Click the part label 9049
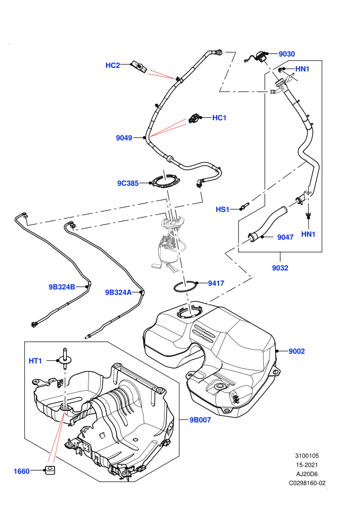(x=124, y=138)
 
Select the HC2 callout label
(x=113, y=65)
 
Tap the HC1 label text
(x=219, y=118)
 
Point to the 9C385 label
(x=128, y=184)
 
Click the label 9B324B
(x=62, y=287)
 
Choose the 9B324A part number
(x=118, y=293)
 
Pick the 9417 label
(x=216, y=283)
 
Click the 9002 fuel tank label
(x=297, y=351)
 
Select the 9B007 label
(x=200, y=420)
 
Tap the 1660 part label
(x=22, y=471)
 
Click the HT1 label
(x=35, y=361)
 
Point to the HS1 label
(x=223, y=210)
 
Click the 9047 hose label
(x=285, y=238)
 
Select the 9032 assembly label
(x=280, y=268)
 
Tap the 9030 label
(x=286, y=54)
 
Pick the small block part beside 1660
(x=49, y=470)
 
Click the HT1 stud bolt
(x=65, y=358)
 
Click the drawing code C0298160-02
(x=307, y=483)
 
